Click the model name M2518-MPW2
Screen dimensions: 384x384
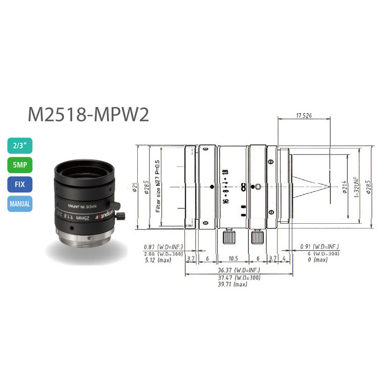click(x=88, y=114)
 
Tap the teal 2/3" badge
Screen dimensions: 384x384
click(x=20, y=146)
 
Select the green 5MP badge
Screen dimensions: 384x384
click(x=20, y=165)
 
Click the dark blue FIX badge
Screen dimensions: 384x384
click(x=20, y=184)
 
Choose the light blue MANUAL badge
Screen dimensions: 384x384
click(x=20, y=204)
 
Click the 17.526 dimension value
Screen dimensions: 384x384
click(x=304, y=116)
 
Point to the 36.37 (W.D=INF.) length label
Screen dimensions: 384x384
click(x=232, y=270)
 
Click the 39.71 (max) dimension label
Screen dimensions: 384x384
click(x=232, y=285)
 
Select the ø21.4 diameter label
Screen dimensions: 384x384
click(x=344, y=187)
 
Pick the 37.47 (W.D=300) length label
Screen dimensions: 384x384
click(x=232, y=278)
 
